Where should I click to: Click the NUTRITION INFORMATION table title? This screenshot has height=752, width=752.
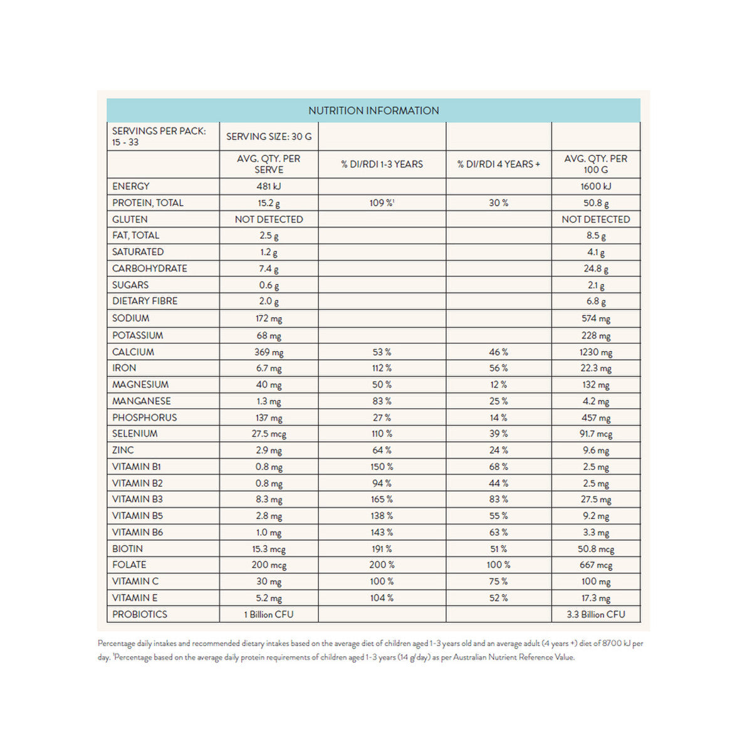(x=373, y=111)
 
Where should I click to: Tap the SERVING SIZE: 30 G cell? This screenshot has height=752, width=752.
(x=269, y=137)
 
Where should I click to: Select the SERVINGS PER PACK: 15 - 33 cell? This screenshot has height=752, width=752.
(x=159, y=137)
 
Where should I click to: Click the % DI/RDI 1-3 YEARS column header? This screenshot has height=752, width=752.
(x=382, y=164)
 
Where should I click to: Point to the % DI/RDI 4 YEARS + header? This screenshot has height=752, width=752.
(x=498, y=164)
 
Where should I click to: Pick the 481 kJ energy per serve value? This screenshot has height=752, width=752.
(x=269, y=186)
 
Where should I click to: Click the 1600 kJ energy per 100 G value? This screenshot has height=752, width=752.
(x=595, y=186)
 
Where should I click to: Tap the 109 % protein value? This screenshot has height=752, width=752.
(x=382, y=203)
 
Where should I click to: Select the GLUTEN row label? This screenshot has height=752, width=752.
(x=130, y=219)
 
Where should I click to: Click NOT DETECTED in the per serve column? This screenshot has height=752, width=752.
(x=269, y=219)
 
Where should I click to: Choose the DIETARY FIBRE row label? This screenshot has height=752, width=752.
(x=145, y=301)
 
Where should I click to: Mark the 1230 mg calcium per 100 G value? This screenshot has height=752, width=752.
(x=595, y=352)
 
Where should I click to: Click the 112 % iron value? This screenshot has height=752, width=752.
(x=382, y=368)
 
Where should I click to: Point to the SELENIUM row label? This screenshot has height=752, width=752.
(x=135, y=434)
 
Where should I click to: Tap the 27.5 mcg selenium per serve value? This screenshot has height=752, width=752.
(x=269, y=434)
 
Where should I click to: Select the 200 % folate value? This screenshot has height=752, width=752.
(x=382, y=565)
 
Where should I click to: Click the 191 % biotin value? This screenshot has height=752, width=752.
(x=382, y=548)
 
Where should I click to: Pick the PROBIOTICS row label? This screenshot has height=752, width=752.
(x=140, y=614)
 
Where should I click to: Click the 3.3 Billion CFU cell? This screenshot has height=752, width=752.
(x=595, y=614)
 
